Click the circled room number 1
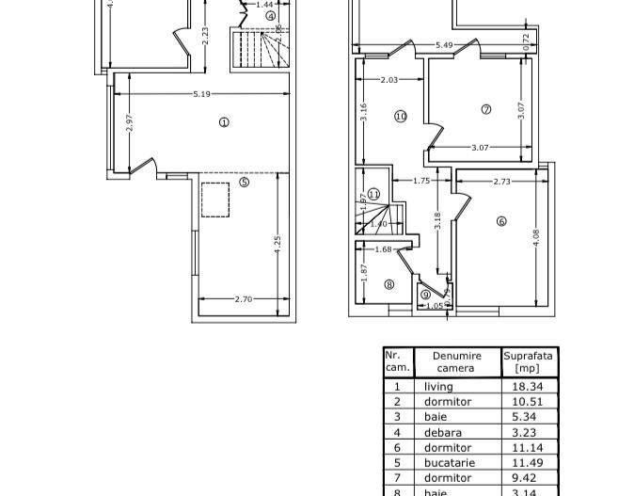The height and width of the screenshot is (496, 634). tap(224, 122)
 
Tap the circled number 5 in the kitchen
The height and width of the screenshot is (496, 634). tap(245, 183)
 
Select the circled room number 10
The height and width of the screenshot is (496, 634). tap(401, 117)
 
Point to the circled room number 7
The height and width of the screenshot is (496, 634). tap(486, 109)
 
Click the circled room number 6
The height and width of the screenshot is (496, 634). tap(501, 222)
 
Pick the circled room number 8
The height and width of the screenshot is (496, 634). tap(389, 284)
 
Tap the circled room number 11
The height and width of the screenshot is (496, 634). tap(373, 194)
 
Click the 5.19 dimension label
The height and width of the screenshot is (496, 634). tap(201, 94)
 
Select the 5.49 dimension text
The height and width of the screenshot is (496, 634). tap(445, 45)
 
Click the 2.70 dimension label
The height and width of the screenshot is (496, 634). tap(243, 299)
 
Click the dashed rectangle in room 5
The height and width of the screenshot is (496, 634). tap(216, 200)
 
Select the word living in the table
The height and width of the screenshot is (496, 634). tap(438, 387)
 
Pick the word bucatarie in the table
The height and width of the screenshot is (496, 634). tap(450, 463)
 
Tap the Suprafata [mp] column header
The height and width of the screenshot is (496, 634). tap(529, 362)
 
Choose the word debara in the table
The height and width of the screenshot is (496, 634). tap(442, 433)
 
